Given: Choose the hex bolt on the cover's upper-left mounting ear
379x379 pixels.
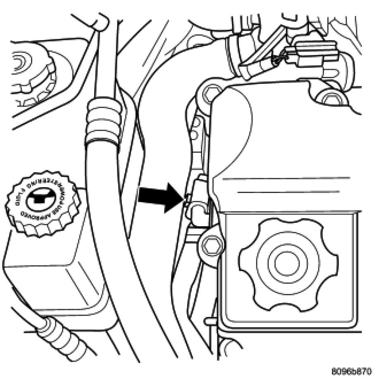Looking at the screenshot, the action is [x=210, y=92].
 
